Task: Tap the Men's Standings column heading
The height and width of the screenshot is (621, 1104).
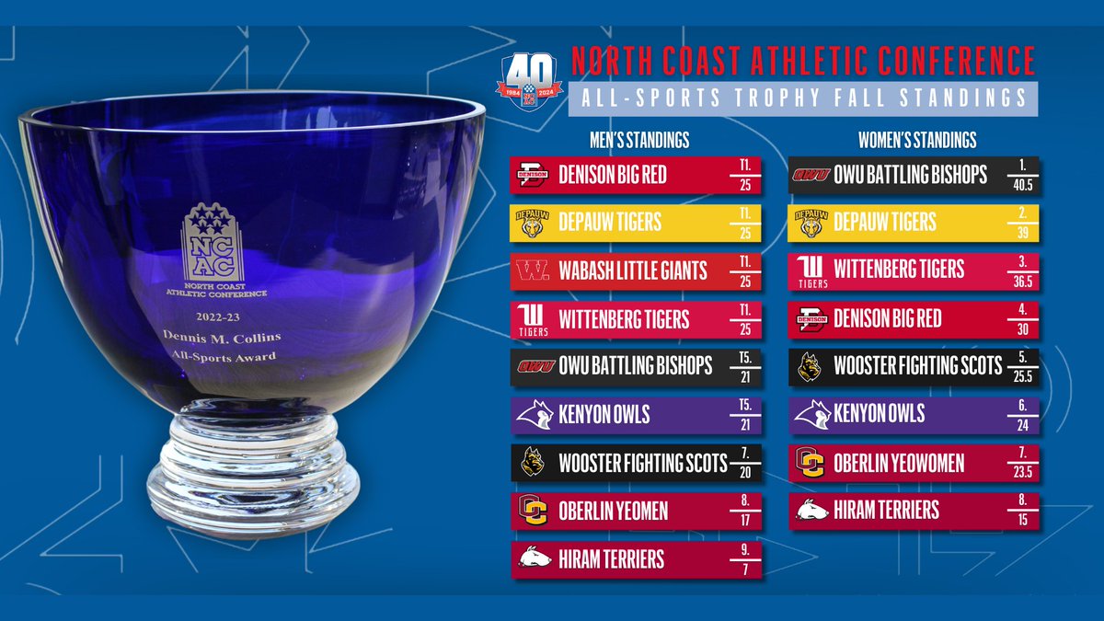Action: [x=639, y=141]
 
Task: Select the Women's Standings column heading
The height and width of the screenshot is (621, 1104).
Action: [x=916, y=141]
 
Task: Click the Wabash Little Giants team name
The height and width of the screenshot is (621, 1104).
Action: [x=633, y=270]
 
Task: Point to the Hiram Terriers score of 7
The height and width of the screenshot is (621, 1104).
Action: [x=745, y=569]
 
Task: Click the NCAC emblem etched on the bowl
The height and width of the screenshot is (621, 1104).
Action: [x=214, y=244]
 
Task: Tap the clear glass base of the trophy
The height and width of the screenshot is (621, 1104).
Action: [x=251, y=469]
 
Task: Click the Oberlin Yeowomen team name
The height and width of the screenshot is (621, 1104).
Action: [x=899, y=463]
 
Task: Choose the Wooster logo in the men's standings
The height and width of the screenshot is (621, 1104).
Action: [x=534, y=463]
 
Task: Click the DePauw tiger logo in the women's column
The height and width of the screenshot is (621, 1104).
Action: [x=811, y=223]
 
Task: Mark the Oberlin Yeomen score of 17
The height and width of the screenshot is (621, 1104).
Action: [x=745, y=521]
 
